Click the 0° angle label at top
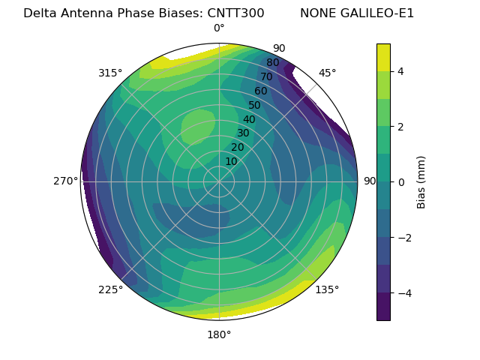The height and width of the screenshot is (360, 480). (219, 28)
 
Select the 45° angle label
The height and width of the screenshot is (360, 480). (327, 73)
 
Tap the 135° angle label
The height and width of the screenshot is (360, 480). (327, 289)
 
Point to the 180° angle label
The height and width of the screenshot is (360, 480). (219, 334)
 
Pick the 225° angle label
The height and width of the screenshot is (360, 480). (110, 289)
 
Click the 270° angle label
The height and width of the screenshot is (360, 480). (66, 181)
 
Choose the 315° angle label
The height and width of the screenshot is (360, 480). (110, 73)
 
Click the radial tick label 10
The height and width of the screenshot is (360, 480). (231, 161)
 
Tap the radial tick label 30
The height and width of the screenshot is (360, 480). (243, 133)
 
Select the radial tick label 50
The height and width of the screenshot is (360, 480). (254, 105)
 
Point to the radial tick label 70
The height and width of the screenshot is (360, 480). (266, 76)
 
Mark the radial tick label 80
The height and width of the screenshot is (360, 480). (272, 63)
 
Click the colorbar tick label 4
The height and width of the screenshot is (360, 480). (401, 71)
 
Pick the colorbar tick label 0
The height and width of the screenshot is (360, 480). (401, 181)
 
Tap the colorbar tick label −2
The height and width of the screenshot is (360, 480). (403, 237)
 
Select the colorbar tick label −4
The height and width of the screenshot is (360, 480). (403, 292)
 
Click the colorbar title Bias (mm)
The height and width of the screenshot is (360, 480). (421, 181)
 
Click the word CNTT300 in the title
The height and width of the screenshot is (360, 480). (235, 13)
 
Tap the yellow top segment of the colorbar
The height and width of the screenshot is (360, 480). (383, 57)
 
